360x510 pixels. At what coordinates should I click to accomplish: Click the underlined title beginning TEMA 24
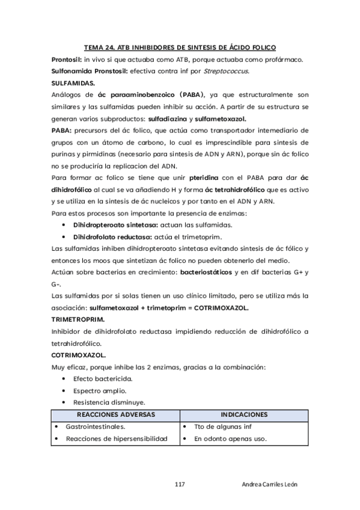click(x=180, y=48)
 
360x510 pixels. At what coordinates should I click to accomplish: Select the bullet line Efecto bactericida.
click(x=103, y=379)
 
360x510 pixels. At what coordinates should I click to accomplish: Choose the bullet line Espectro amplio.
click(x=100, y=391)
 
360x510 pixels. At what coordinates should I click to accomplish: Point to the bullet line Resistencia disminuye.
click(x=108, y=402)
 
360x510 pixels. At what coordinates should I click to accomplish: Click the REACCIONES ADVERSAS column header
click(x=115, y=415)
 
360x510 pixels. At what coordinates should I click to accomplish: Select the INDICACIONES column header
click(x=244, y=415)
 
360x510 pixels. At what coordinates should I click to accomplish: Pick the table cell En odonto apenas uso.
click(x=230, y=439)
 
